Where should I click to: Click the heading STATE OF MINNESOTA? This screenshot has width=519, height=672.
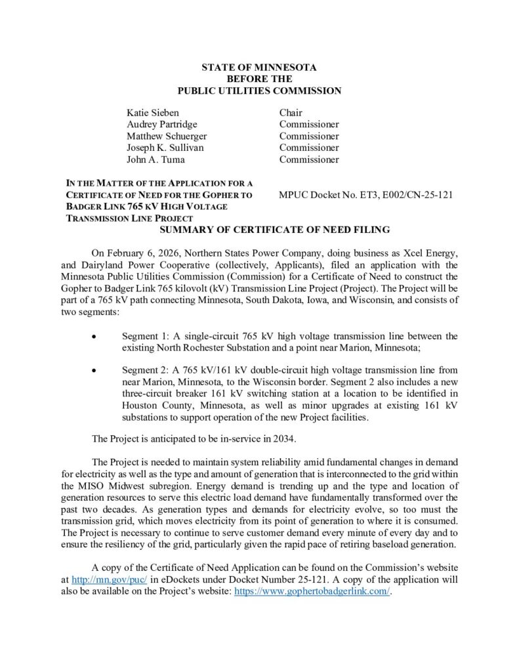(259, 68)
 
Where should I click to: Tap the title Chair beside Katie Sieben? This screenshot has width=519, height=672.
(291, 112)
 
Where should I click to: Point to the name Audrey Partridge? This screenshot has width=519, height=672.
(161, 124)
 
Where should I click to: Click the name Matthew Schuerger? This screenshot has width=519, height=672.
(167, 136)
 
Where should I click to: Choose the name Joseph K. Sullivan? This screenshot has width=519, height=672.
(165, 148)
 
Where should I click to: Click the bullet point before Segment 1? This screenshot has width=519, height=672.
(96, 337)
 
